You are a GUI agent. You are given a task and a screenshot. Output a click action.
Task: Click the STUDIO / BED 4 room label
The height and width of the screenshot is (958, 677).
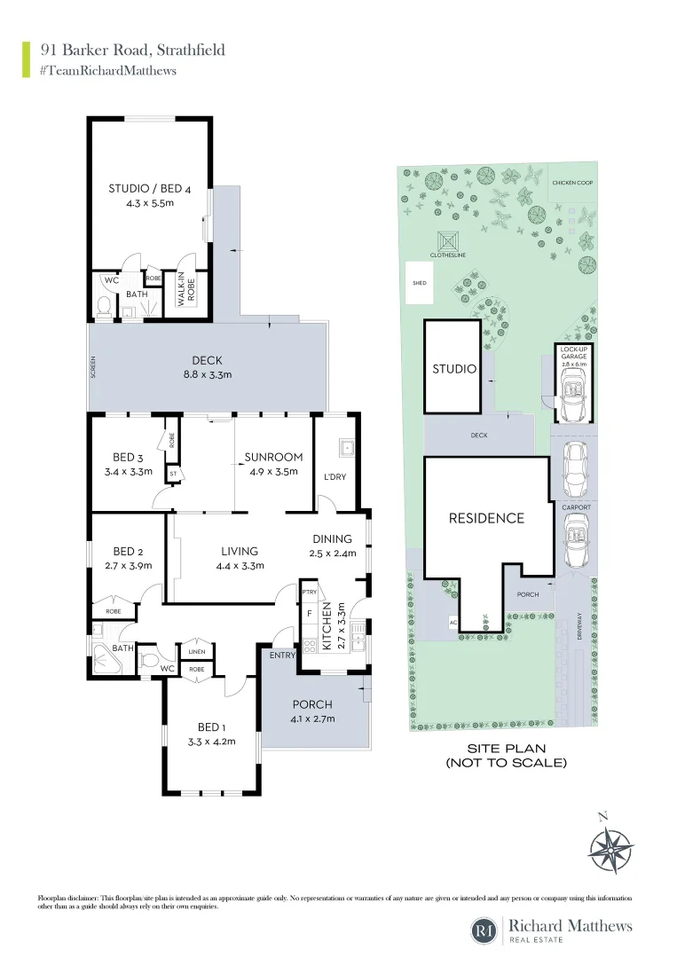149,188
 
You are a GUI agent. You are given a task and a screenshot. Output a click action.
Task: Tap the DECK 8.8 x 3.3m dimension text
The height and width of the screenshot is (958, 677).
207,374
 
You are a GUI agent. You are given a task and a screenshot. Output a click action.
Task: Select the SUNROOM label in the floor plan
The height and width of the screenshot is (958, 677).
273,457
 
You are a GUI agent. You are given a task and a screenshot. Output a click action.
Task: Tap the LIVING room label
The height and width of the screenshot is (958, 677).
240,551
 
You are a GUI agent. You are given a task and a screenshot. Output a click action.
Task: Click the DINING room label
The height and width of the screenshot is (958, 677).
332,538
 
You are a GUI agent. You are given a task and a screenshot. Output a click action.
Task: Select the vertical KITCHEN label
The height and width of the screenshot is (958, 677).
326,625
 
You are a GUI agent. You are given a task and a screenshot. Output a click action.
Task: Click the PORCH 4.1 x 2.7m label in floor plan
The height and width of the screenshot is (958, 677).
312,704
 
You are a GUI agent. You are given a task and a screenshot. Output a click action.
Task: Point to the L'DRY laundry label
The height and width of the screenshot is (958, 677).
335,476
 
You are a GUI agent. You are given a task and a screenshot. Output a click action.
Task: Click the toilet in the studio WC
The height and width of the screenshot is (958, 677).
103,308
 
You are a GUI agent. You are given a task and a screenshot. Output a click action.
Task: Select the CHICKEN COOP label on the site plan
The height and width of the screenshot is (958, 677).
572,183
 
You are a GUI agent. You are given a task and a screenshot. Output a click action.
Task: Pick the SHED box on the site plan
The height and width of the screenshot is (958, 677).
419,283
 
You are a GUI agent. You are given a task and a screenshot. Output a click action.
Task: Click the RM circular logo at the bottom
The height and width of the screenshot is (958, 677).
484,931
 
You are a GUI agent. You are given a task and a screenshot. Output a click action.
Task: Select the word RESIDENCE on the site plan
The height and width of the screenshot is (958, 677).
485,518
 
